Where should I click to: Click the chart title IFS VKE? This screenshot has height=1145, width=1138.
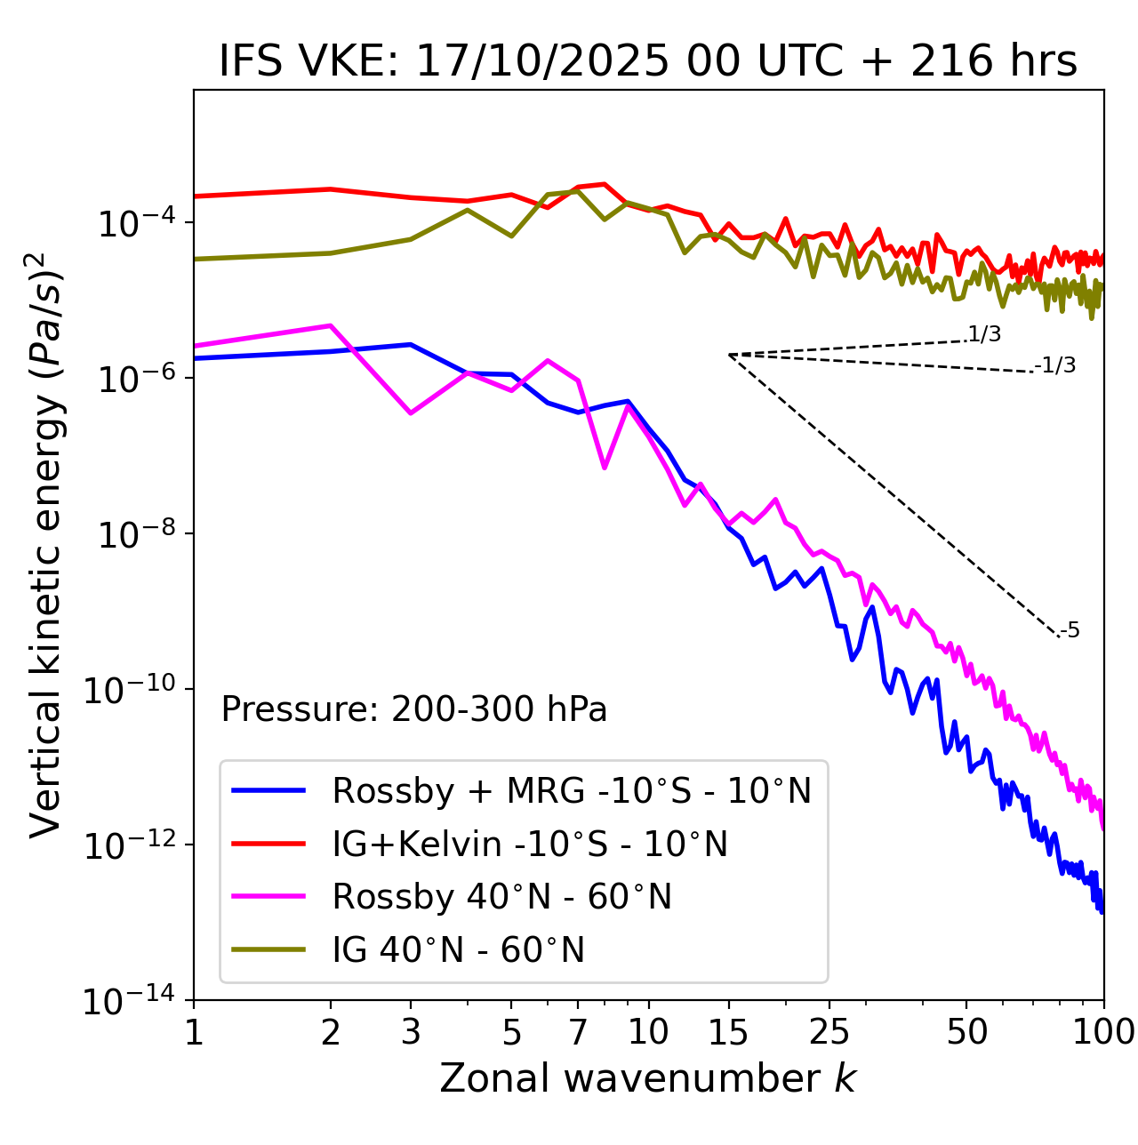point(648,62)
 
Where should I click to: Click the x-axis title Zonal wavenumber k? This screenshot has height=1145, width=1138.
point(648,1078)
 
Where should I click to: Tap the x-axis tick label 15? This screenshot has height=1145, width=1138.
point(728,1032)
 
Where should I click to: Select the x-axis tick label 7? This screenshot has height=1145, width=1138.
point(578,1032)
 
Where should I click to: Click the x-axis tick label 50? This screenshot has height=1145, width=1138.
point(966,1032)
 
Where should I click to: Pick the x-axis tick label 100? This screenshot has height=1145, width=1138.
point(1102,1032)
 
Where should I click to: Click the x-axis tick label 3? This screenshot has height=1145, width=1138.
point(411,1032)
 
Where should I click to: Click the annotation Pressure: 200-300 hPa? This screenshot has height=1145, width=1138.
point(414,709)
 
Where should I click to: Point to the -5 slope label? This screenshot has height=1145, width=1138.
point(1070,631)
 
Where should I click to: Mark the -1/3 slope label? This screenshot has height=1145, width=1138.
point(1056,365)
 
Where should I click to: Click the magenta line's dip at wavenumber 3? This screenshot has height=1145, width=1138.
point(411,413)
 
